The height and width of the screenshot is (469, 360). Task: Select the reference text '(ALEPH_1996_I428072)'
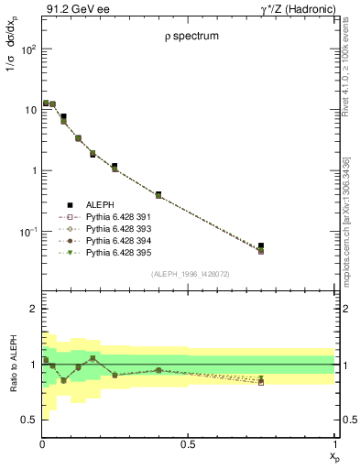[190, 274]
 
